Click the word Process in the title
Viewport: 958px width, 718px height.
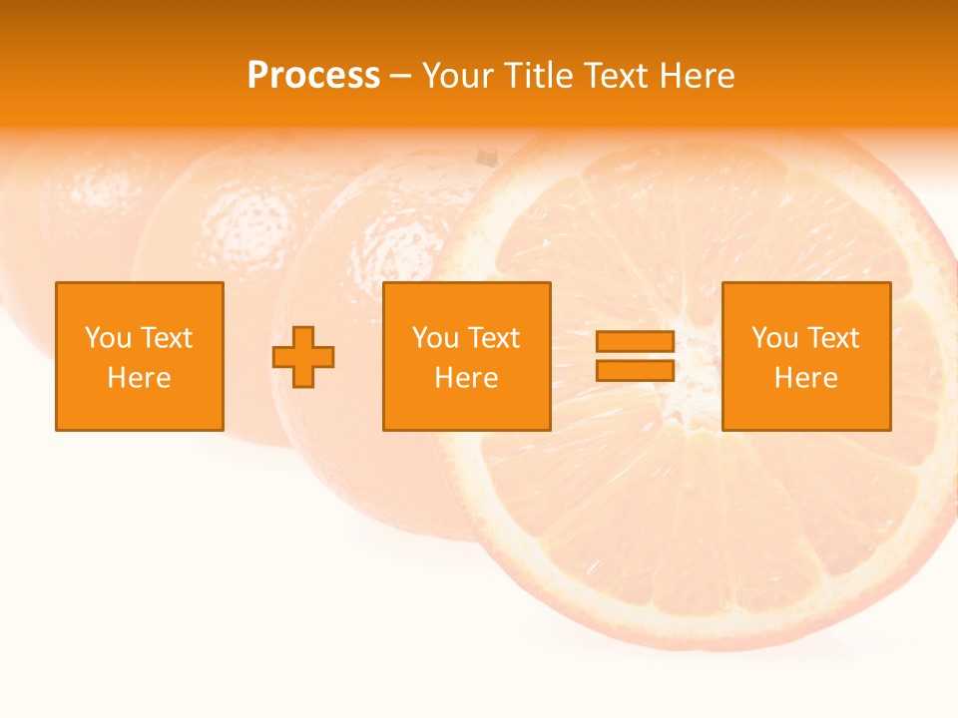(313, 76)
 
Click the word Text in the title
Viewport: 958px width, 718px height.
(613, 76)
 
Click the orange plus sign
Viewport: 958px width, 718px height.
(303, 357)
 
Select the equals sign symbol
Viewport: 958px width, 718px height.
(635, 356)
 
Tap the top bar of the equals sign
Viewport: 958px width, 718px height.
(635, 342)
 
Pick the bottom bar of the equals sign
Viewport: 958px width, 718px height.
(635, 370)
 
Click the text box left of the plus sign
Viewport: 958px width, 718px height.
(140, 356)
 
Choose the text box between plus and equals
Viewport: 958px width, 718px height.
(466, 356)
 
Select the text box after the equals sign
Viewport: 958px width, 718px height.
(806, 356)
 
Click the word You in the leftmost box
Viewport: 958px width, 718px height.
(108, 338)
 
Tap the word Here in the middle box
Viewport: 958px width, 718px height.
(466, 378)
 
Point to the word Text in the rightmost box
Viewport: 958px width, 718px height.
(831, 338)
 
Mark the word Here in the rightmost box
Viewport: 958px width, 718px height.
(806, 378)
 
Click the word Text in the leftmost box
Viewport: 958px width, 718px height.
(165, 338)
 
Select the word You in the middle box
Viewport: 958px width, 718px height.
(435, 338)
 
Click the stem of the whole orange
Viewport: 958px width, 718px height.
(486, 158)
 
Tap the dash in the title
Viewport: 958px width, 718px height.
(401, 77)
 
